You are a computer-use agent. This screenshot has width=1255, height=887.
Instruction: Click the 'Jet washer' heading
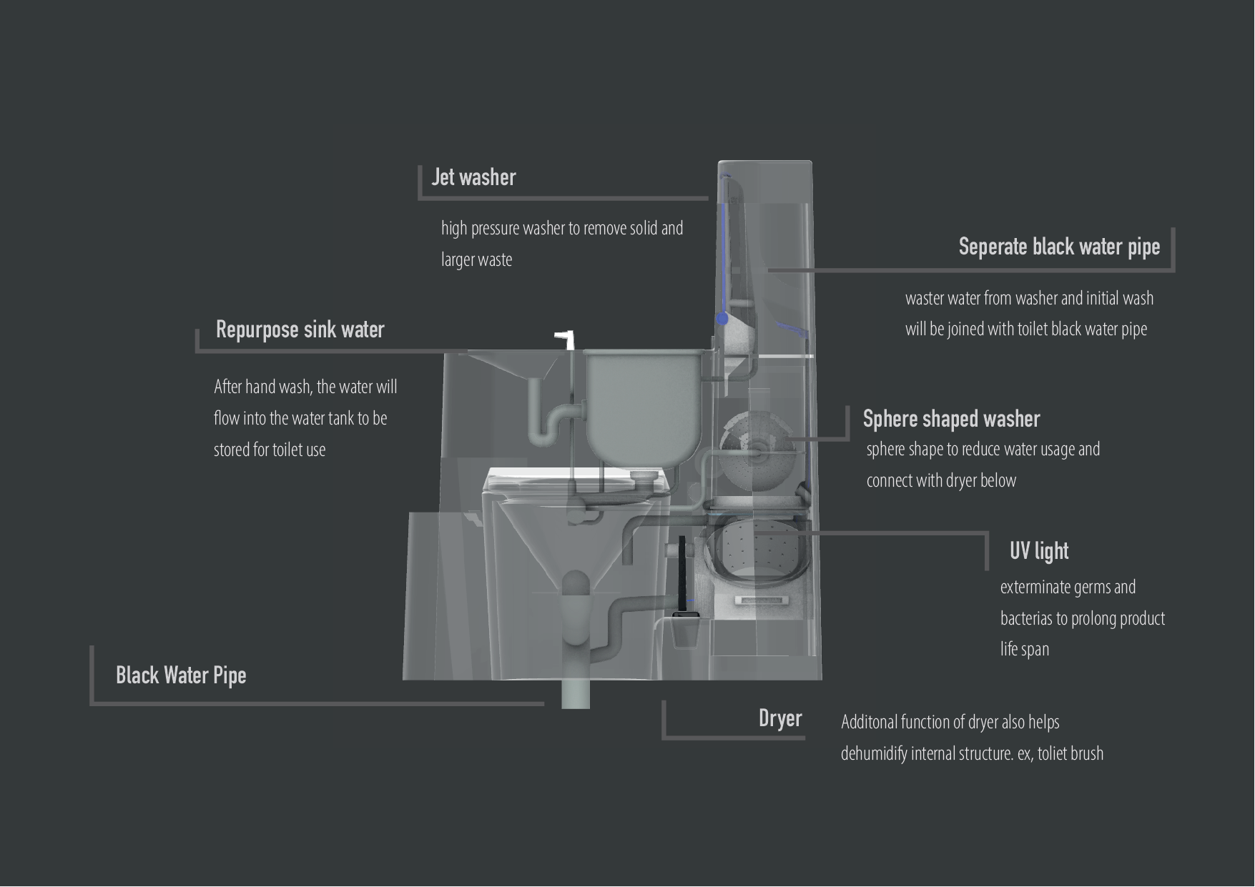473,177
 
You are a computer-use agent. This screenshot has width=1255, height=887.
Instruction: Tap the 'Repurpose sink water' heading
300,329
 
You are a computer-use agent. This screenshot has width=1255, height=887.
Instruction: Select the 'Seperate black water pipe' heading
1059,247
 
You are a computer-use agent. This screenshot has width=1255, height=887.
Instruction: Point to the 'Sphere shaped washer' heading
951,419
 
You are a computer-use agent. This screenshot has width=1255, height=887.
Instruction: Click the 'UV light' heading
1039,551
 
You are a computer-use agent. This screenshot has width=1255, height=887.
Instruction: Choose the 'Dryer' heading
780,718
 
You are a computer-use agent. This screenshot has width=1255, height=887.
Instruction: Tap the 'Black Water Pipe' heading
181,675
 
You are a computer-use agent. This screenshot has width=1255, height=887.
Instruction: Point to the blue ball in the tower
723,318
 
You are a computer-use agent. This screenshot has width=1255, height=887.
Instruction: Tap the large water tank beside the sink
641,404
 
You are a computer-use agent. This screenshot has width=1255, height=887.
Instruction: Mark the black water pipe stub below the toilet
576,693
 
